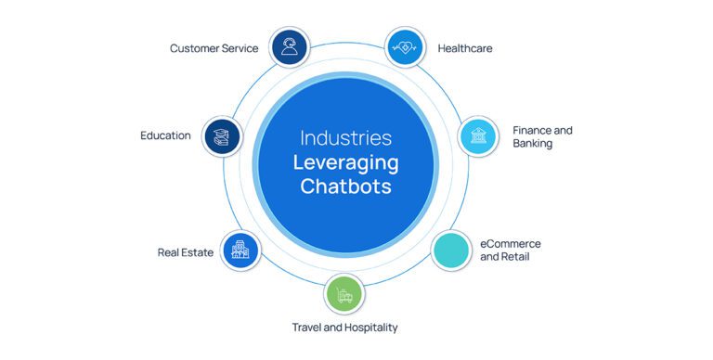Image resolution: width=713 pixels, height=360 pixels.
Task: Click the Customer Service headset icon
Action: coord(290,46)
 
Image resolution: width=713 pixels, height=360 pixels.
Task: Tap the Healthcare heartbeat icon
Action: coord(405,48)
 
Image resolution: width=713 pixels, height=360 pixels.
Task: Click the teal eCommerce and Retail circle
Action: coord(452,251)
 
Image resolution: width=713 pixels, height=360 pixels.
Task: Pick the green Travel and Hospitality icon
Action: coord(344,295)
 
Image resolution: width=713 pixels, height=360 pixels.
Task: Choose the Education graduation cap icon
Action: coord(223,135)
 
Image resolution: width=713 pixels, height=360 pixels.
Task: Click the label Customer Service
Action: coord(214,48)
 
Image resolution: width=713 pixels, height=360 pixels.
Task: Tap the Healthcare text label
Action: coord(465,48)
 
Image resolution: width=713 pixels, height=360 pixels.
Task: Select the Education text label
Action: coord(165,135)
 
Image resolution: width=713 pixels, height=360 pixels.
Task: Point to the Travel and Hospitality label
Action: coord(344,328)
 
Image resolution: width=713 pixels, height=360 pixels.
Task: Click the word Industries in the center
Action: coord(345,138)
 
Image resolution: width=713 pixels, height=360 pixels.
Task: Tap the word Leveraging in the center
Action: coord(345,162)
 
